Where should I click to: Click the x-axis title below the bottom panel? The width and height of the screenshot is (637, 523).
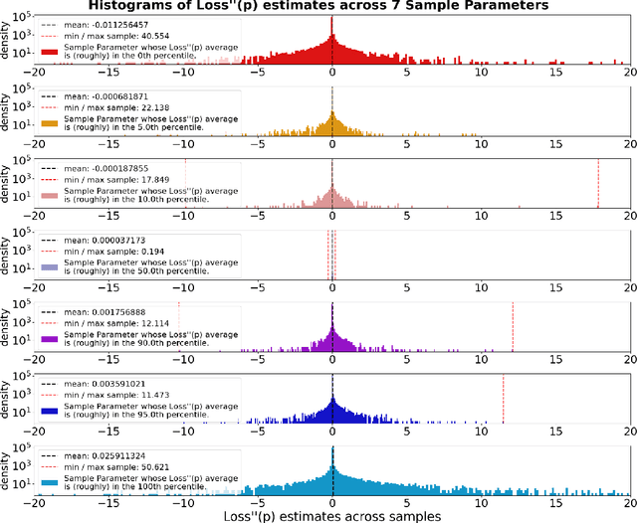tap(332, 514)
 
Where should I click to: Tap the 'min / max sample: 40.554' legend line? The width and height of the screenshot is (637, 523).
tap(119, 36)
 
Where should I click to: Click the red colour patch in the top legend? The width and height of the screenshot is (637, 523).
tap(53, 50)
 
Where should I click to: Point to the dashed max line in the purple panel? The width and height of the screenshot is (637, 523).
tap(512, 326)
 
